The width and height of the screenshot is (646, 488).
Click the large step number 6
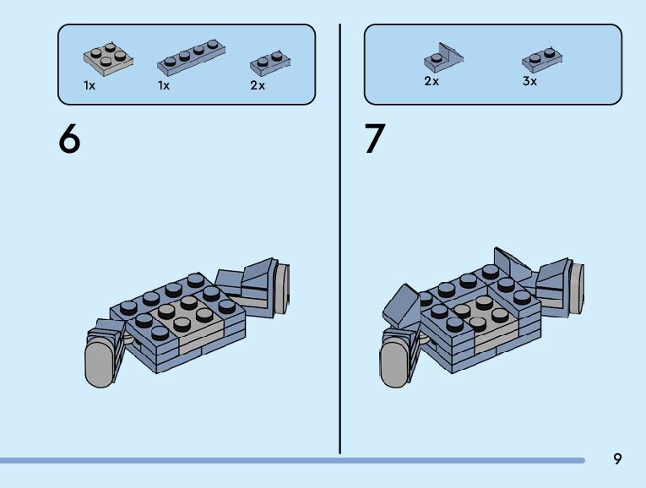(x=70, y=139)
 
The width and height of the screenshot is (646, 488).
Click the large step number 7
(x=375, y=139)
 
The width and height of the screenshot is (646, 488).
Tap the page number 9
(x=617, y=459)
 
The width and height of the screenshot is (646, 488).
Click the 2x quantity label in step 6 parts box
(x=258, y=85)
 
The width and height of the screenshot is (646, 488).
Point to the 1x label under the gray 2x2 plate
(x=90, y=85)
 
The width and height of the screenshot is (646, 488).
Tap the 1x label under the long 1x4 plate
(x=164, y=85)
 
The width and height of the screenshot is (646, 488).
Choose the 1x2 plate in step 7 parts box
(x=542, y=58)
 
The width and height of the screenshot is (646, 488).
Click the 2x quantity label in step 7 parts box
(x=432, y=82)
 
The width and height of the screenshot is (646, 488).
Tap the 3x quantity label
(x=529, y=82)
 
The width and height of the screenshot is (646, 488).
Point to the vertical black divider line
(x=340, y=236)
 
